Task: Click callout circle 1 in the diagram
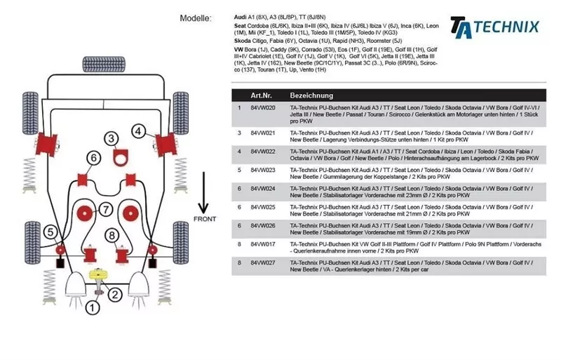click(x=92, y=306)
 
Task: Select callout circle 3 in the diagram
click(x=111, y=138)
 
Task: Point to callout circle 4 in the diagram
click(x=139, y=131)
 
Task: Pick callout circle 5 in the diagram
click(x=50, y=232)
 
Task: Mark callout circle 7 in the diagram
click(x=104, y=209)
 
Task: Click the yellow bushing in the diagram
click(x=102, y=275)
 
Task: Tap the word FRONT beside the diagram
click(x=204, y=220)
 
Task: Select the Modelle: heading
click(x=196, y=18)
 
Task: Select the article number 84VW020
click(x=262, y=108)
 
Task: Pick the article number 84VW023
click(x=262, y=169)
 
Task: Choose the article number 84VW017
click(x=262, y=243)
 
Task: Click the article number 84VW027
click(x=262, y=262)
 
